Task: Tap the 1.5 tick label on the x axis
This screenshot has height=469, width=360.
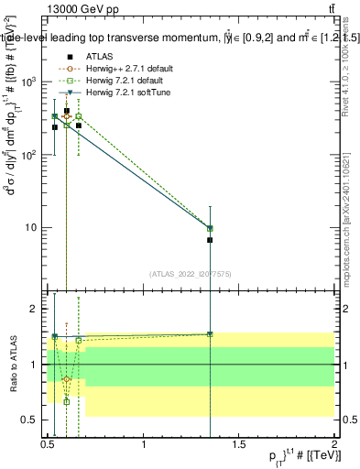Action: click(239, 444)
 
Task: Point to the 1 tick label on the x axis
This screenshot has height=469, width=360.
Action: click(144, 444)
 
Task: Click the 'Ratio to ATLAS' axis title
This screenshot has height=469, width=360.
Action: click(12, 365)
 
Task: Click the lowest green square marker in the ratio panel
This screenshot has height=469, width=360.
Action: click(67, 401)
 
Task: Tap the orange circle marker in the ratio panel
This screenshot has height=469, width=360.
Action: click(67, 378)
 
